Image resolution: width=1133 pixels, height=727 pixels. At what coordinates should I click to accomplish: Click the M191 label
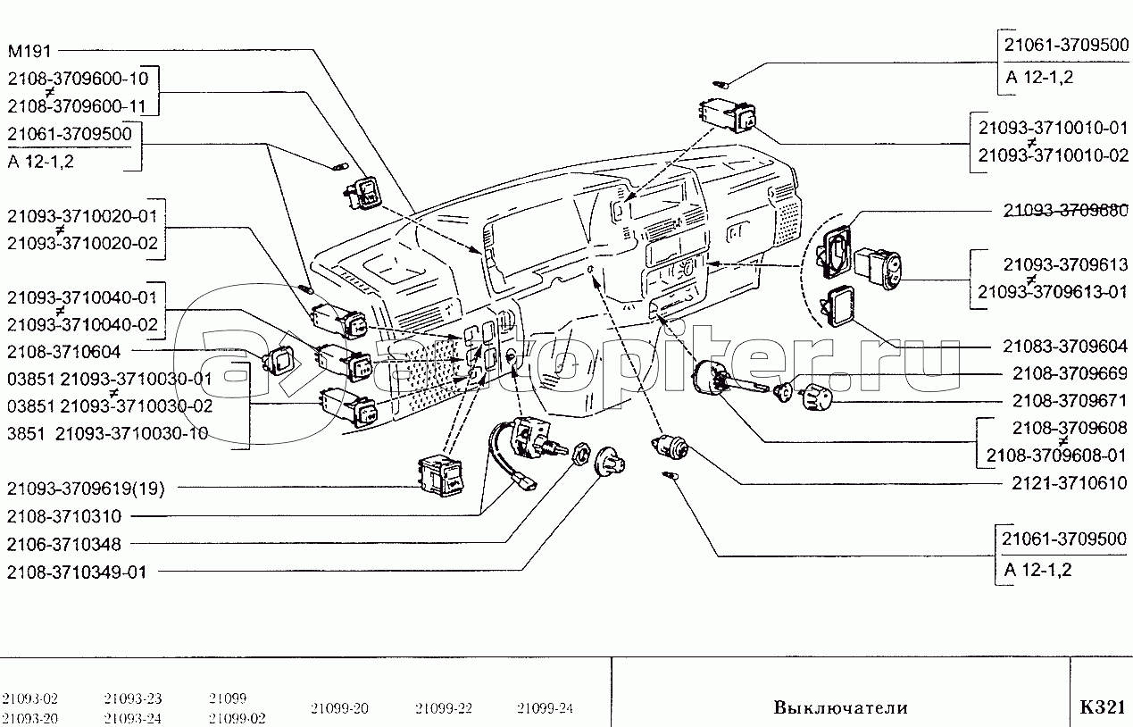click(x=29, y=51)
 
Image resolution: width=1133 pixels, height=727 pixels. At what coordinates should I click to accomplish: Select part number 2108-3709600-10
click(x=78, y=79)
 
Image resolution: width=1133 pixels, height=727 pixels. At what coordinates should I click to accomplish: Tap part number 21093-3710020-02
click(x=82, y=243)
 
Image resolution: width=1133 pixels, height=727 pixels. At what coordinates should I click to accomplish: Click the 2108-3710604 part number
click(x=63, y=352)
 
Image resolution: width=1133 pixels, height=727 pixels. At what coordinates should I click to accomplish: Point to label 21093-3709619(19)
click(x=86, y=489)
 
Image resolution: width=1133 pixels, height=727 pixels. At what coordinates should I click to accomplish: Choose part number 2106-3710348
click(x=63, y=545)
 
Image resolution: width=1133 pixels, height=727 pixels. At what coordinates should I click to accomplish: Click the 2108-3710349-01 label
click(x=77, y=572)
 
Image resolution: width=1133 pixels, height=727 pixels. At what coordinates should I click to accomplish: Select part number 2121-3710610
click(x=1070, y=483)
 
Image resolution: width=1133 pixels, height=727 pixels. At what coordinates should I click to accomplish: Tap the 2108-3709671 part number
click(x=1070, y=400)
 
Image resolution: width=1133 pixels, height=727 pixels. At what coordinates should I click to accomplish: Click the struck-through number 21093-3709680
click(x=1065, y=210)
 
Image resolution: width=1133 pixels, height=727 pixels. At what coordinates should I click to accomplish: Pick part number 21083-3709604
click(x=1065, y=346)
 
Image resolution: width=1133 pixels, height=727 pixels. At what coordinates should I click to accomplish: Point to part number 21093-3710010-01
click(x=1053, y=128)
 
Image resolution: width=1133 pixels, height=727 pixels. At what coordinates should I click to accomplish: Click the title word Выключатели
click(x=841, y=707)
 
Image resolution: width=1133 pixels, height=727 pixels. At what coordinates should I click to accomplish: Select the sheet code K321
click(x=1103, y=706)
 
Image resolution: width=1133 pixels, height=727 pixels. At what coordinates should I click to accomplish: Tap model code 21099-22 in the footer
click(x=444, y=708)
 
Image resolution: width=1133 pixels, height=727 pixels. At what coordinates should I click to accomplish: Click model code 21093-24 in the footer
click(x=132, y=718)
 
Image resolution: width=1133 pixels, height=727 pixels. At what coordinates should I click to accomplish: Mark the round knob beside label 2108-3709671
click(x=815, y=397)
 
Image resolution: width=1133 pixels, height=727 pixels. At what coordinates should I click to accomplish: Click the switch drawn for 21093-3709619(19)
click(x=442, y=476)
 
